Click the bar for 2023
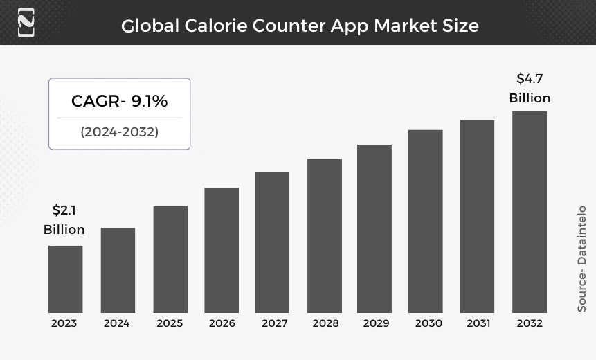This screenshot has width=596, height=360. click(65, 279)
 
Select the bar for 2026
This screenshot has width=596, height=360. click(222, 250)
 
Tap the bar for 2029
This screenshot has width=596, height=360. click(374, 228)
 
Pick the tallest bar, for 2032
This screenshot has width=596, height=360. click(530, 212)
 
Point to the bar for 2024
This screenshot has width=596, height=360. click(118, 270)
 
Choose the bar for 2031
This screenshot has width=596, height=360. click(477, 216)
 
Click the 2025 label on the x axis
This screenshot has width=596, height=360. click(170, 323)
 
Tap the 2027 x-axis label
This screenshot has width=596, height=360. click(275, 323)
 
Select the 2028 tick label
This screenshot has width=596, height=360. click(325, 323)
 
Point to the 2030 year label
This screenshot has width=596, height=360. click(428, 323)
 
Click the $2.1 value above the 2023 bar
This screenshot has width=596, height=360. click(64, 210)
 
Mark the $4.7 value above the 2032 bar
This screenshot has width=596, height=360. click(530, 79)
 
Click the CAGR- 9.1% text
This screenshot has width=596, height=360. click(119, 101)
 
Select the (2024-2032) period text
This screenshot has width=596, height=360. click(119, 132)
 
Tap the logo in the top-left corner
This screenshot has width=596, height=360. click(26, 22)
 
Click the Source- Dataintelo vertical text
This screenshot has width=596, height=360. click(581, 258)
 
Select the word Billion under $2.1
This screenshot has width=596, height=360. click(64, 230)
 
